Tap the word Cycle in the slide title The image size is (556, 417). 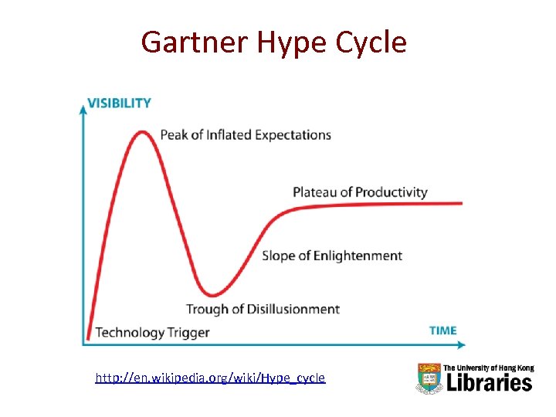pyautogui.click(x=369, y=42)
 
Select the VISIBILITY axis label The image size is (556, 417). pyautogui.click(x=119, y=103)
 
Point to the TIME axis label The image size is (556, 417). pyautogui.click(x=442, y=331)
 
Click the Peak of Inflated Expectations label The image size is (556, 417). pyautogui.click(x=246, y=135)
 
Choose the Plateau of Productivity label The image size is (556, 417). pyautogui.click(x=360, y=192)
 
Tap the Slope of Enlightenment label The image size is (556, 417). pyautogui.click(x=332, y=256)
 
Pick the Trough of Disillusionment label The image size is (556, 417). pyautogui.click(x=263, y=310)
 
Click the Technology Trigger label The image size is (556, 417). pyautogui.click(x=152, y=333)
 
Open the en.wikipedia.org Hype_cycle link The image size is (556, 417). pyautogui.click(x=210, y=378)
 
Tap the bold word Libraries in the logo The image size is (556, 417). pyautogui.click(x=487, y=382)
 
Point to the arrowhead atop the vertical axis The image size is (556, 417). pyautogui.click(x=83, y=107)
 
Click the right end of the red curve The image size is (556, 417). pyautogui.click(x=461, y=203)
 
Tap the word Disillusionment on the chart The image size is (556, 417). pyautogui.click(x=293, y=310)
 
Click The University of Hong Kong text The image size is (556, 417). pyautogui.click(x=487, y=368)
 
